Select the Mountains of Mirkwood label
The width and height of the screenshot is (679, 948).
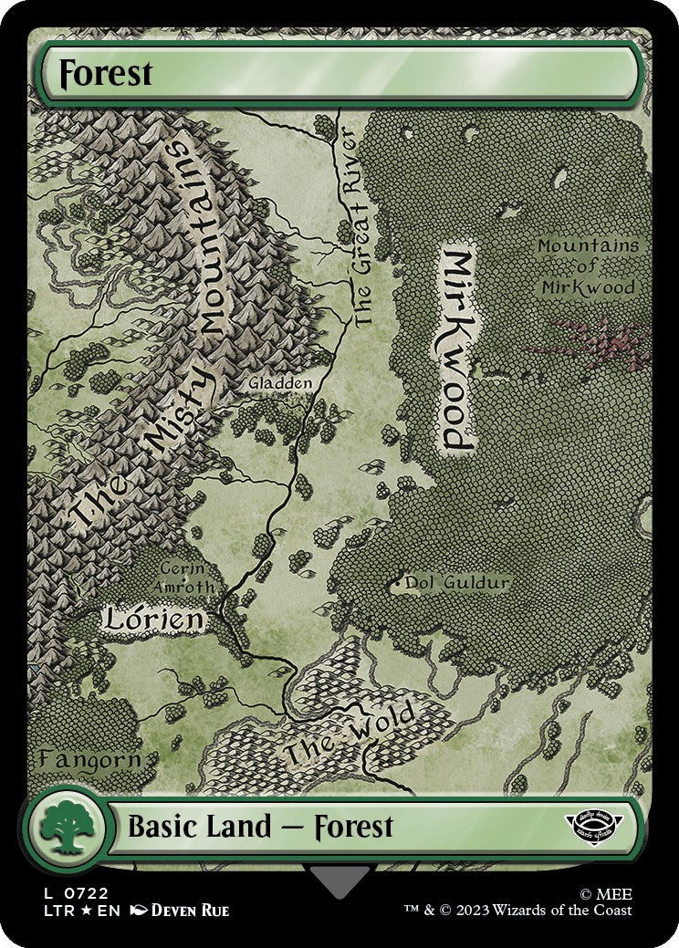(x=587, y=266)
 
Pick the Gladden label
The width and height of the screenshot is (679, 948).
(x=280, y=383)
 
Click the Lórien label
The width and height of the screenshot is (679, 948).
(x=152, y=620)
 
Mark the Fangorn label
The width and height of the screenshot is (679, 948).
(x=89, y=759)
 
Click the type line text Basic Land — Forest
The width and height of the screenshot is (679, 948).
(x=260, y=828)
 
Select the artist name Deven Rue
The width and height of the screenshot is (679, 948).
(x=189, y=911)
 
